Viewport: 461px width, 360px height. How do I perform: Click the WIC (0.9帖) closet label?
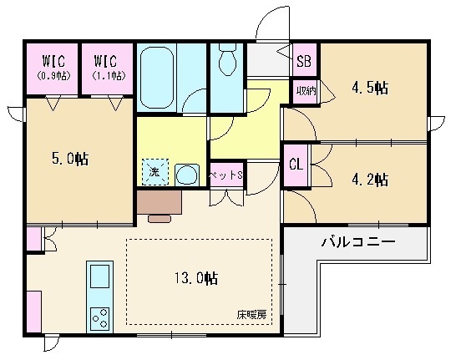click(x=52, y=65)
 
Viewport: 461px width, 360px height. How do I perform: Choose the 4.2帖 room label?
click(x=368, y=179)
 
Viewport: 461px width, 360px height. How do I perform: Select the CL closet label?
click(x=295, y=164)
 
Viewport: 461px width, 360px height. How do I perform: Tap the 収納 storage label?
click(x=305, y=89)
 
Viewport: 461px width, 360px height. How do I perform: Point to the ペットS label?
click(x=225, y=175)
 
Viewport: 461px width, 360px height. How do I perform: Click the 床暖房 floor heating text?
click(x=250, y=315)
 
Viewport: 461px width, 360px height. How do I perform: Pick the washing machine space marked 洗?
click(x=155, y=171)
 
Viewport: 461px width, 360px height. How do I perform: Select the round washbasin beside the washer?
click(x=187, y=173)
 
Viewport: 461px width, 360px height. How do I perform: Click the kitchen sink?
click(x=99, y=277)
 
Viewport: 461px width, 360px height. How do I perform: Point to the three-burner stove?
click(x=99, y=317)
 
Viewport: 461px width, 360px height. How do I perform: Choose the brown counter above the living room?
click(x=159, y=201)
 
